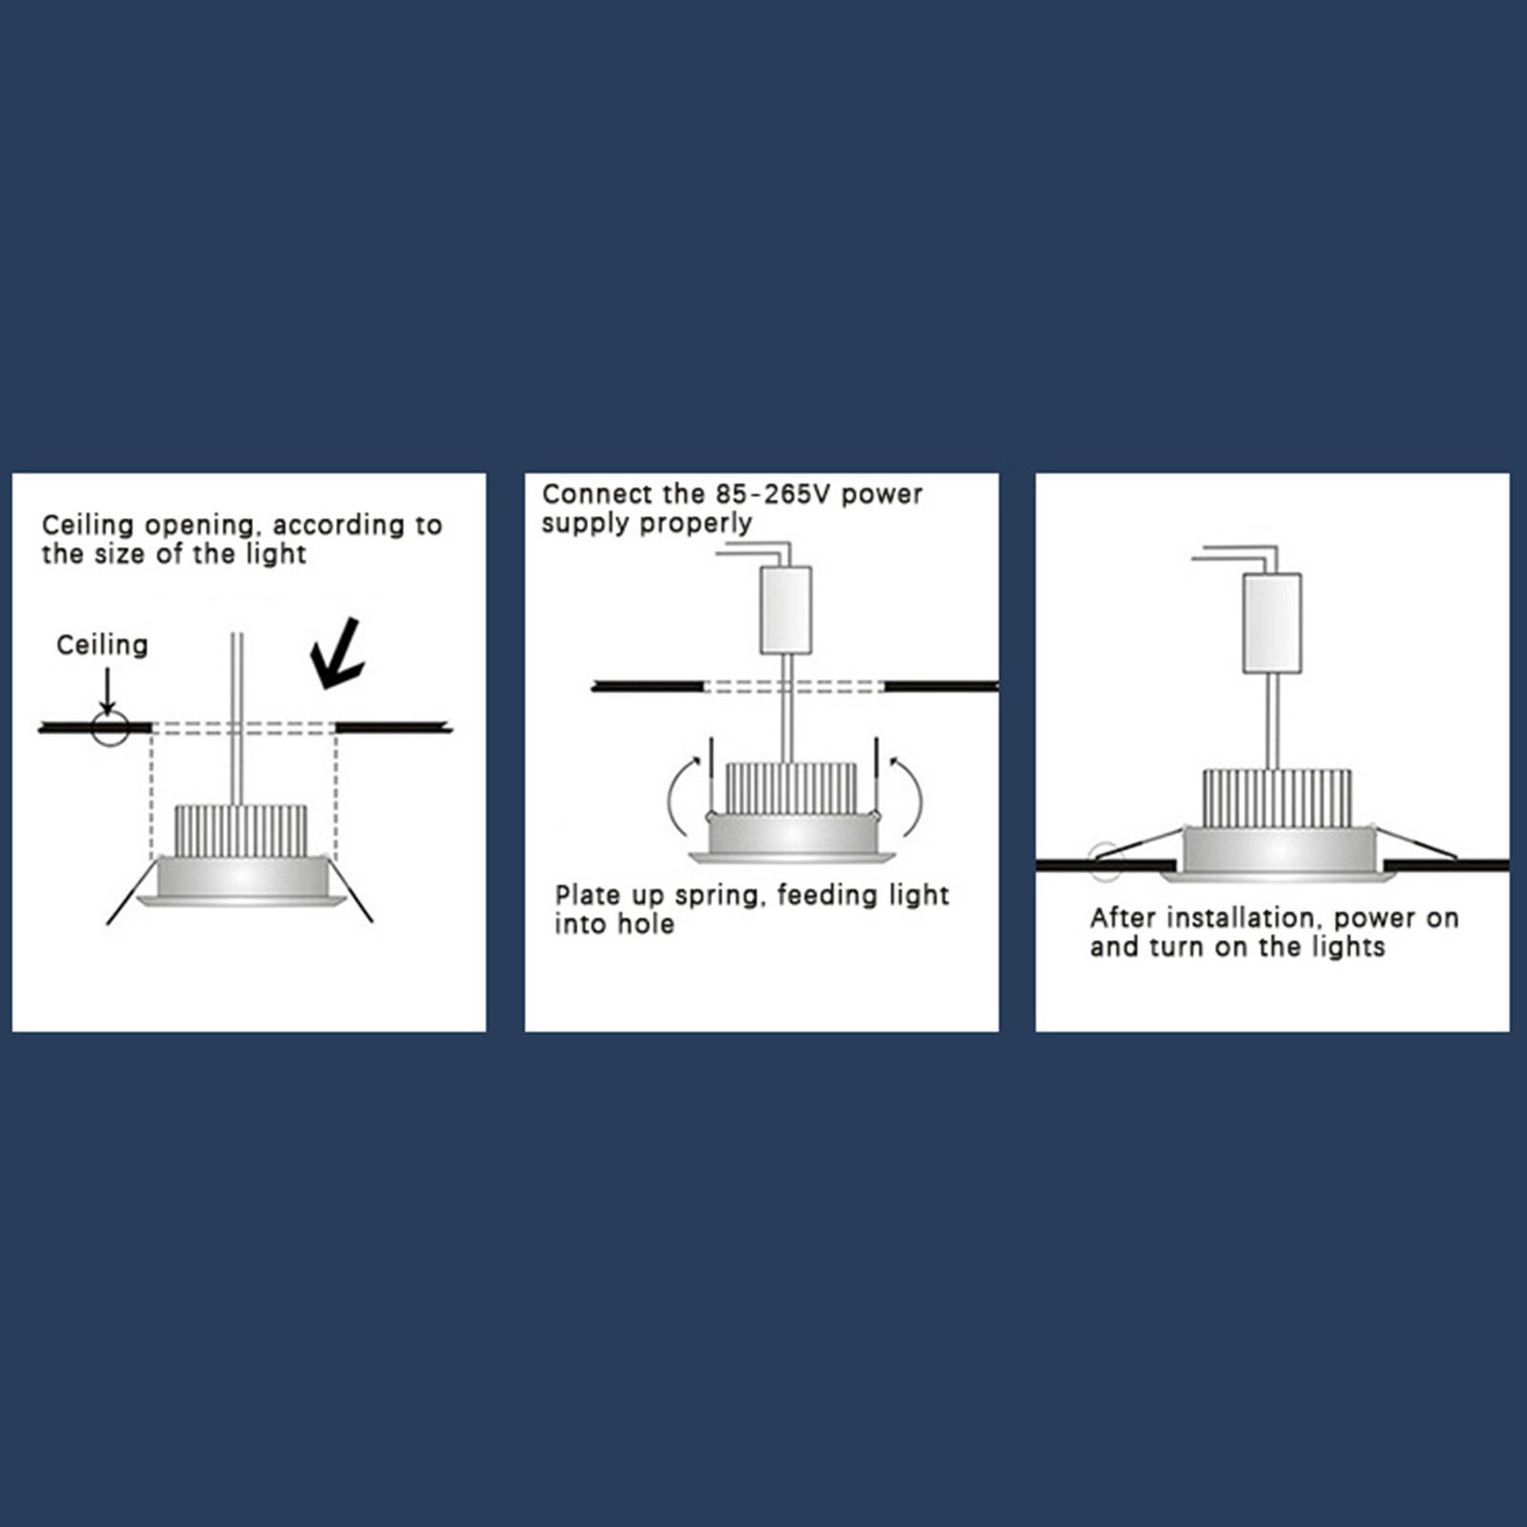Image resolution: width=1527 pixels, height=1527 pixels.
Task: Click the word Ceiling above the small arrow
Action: coord(102,645)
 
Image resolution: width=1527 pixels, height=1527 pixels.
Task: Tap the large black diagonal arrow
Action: coord(337,654)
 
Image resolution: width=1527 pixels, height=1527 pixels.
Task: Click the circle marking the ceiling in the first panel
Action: coord(110,728)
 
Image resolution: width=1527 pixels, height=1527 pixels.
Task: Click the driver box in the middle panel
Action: coord(785,610)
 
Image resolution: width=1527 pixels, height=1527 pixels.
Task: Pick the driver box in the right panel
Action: coord(1272,623)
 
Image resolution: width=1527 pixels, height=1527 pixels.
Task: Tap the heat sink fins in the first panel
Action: coord(241,830)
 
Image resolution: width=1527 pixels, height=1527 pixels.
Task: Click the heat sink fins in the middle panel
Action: coord(790,788)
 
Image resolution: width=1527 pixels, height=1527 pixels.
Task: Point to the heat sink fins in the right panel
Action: coord(1277,798)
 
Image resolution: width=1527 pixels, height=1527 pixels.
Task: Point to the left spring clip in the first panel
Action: coord(132,892)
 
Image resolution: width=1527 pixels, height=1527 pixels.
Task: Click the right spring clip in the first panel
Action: coord(350,889)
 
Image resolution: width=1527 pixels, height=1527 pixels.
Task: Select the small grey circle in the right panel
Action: coord(1105,862)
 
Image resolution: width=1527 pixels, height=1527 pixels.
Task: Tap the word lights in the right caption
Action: coord(1349,947)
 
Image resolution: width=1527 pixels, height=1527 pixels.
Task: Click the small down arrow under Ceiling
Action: coord(108,691)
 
